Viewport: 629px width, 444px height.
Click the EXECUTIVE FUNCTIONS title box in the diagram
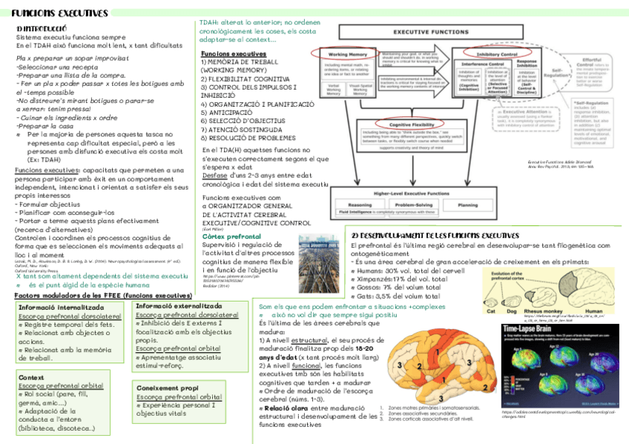(x=430, y=33)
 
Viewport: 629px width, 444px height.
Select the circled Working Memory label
(x=349, y=55)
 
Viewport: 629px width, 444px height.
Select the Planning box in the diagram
(x=467, y=205)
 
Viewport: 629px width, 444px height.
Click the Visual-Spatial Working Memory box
(x=361, y=90)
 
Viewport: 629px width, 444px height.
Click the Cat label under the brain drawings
(x=490, y=310)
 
